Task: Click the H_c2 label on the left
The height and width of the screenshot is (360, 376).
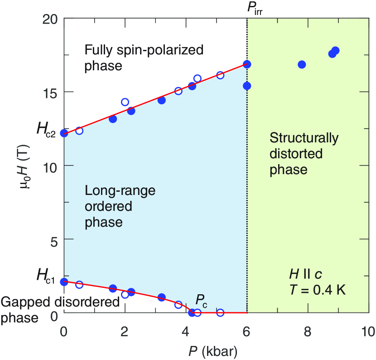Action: (46, 131)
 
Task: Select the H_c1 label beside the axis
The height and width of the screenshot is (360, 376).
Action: (46, 276)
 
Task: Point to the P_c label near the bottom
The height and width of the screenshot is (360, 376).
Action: (201, 300)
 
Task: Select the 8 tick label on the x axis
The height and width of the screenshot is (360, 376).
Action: (308, 331)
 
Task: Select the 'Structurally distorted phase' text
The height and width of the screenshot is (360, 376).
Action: (304, 154)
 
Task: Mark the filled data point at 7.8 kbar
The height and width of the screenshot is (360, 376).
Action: (302, 64)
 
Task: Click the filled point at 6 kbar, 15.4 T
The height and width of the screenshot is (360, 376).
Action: (247, 86)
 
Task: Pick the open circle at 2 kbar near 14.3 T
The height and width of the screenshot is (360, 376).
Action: (125, 102)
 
